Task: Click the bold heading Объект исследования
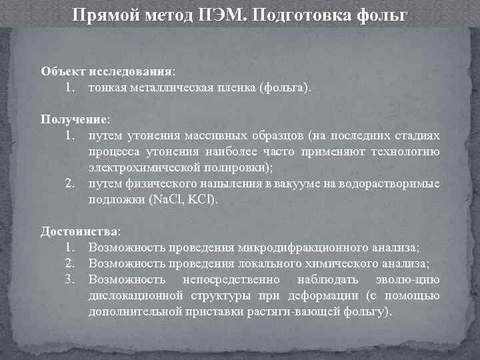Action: tap(107, 71)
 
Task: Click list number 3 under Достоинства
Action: tap(69, 279)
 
